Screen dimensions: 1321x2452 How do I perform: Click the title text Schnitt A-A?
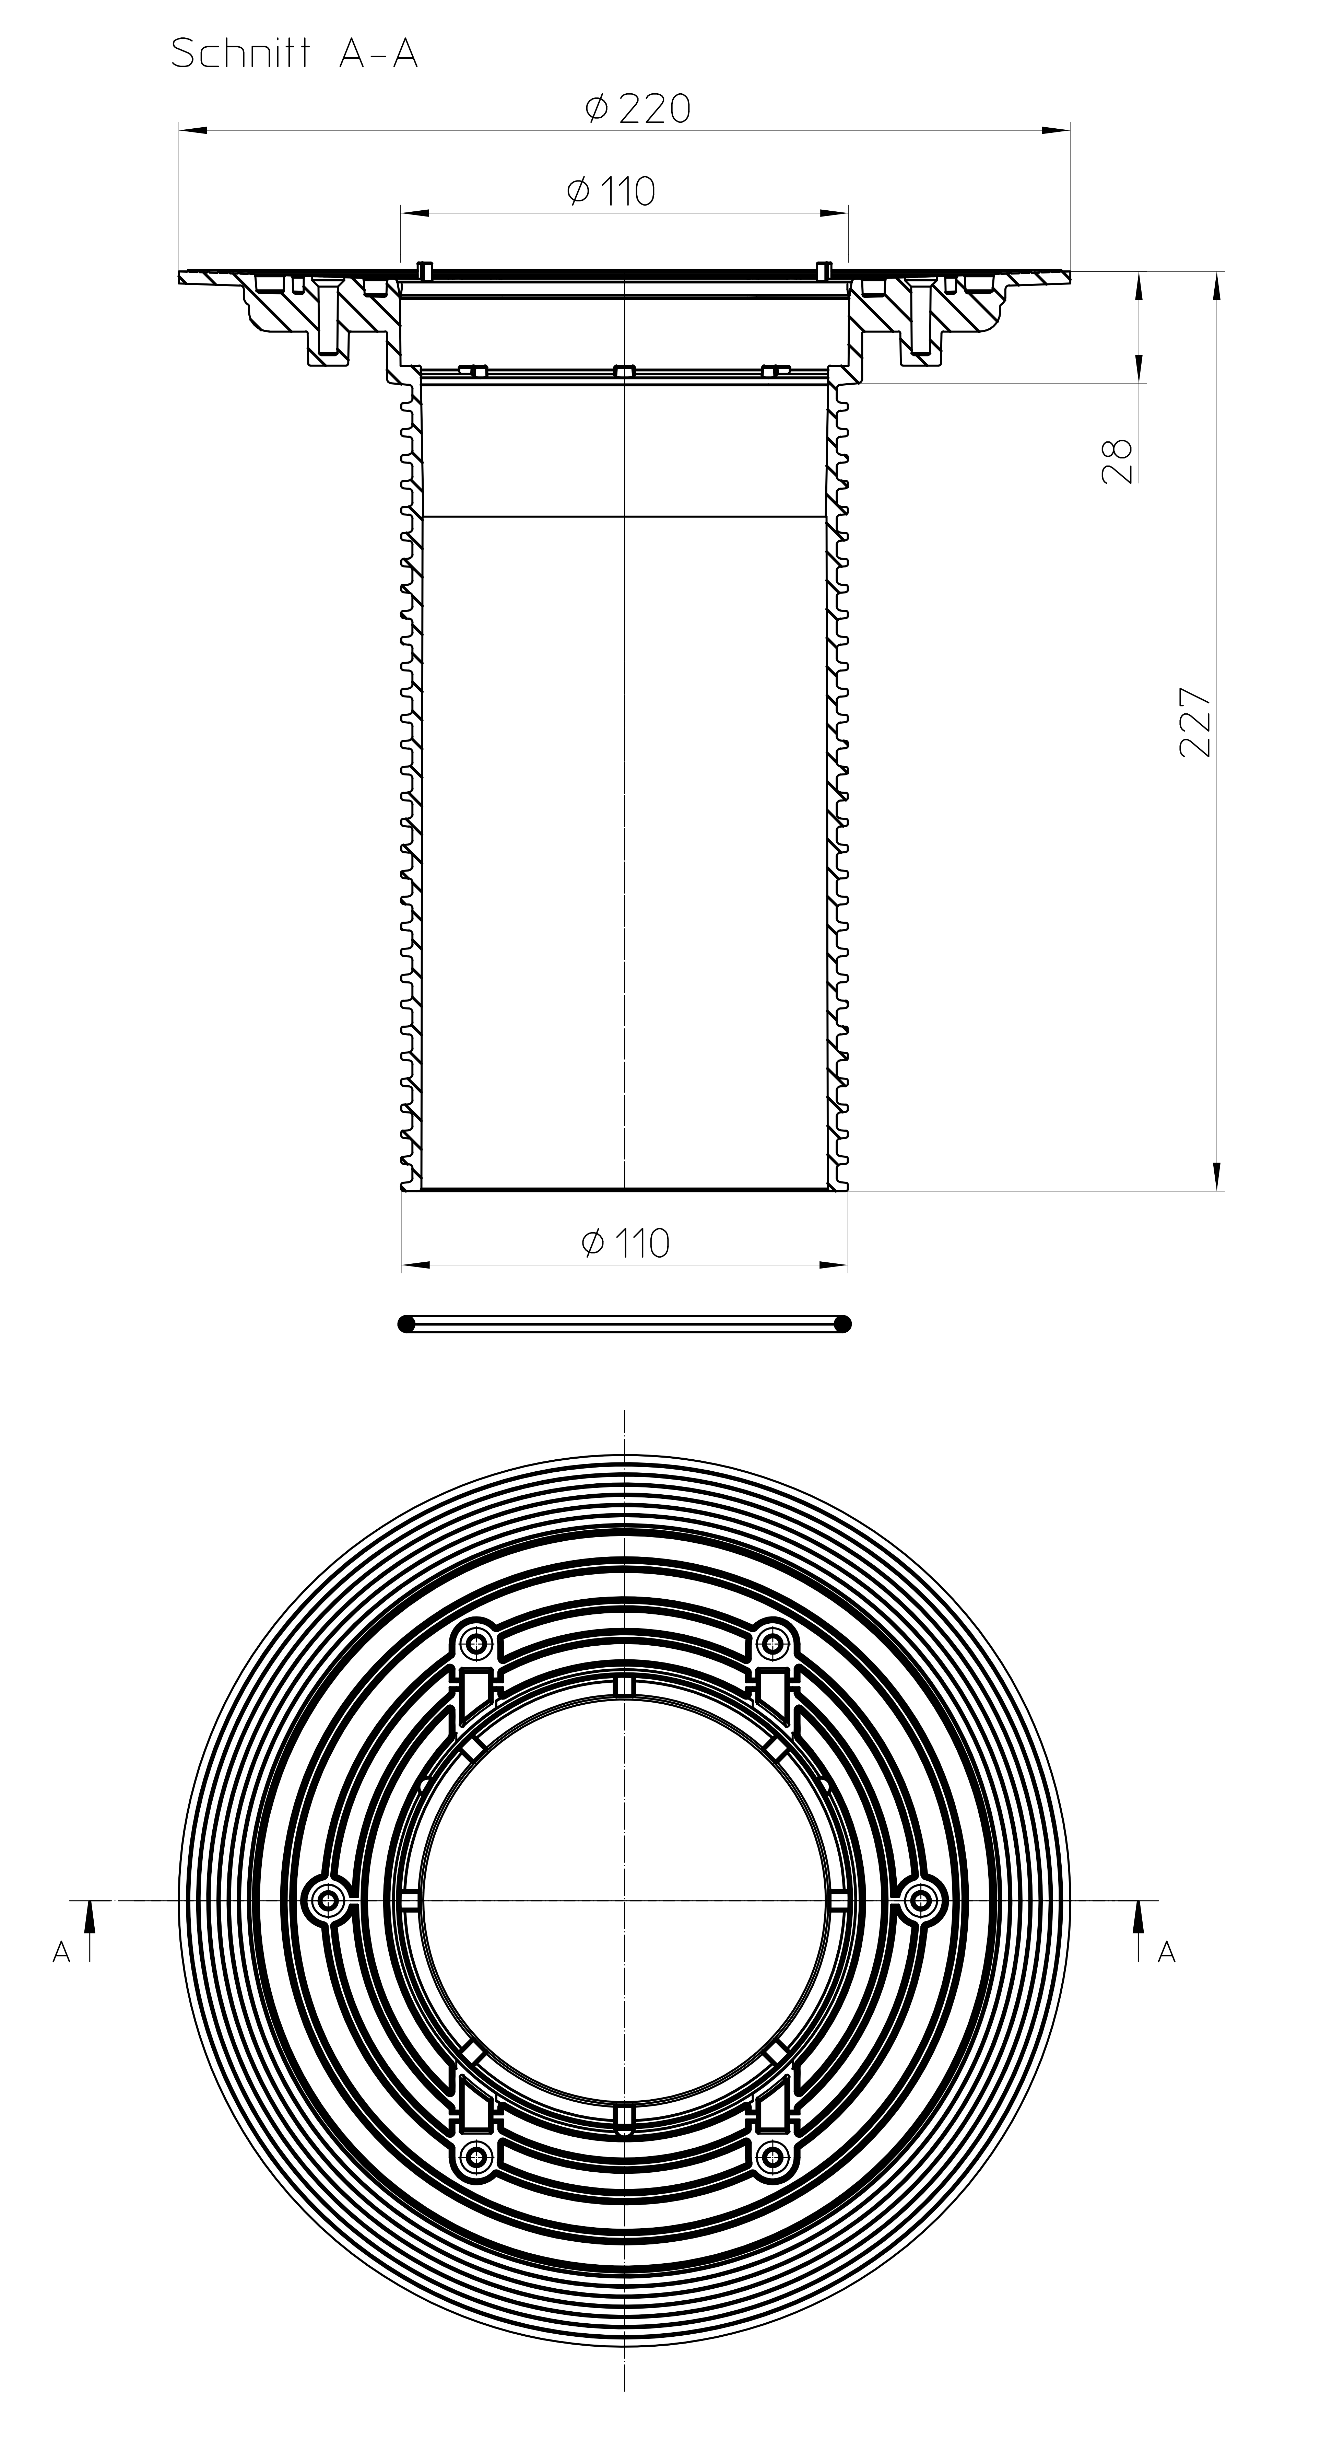[x=294, y=54]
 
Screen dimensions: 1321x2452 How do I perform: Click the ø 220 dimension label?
[x=638, y=108]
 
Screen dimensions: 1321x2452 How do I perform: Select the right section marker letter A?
[x=1167, y=1953]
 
